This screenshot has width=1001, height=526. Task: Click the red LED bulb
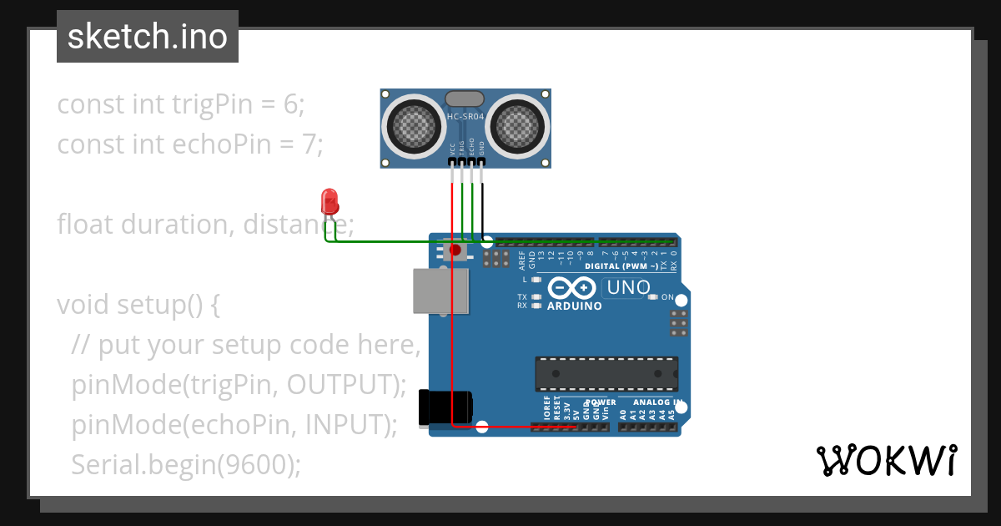pyautogui.click(x=329, y=201)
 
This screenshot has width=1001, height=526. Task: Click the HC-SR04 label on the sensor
pyautogui.click(x=465, y=116)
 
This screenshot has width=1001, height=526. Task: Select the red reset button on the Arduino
pyautogui.click(x=455, y=250)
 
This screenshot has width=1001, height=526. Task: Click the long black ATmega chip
pyautogui.click(x=606, y=373)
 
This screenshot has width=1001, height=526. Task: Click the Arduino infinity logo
pyautogui.click(x=571, y=289)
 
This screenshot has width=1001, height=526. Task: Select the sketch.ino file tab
pyautogui.click(x=148, y=37)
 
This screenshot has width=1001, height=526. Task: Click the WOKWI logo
pyautogui.click(x=886, y=461)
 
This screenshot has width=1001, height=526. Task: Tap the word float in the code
pyautogui.click(x=86, y=225)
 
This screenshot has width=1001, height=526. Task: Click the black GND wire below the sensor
pyautogui.click(x=482, y=205)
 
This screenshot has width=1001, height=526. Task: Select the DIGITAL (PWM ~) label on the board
pyautogui.click(x=621, y=266)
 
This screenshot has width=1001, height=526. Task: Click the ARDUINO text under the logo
pyautogui.click(x=574, y=306)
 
